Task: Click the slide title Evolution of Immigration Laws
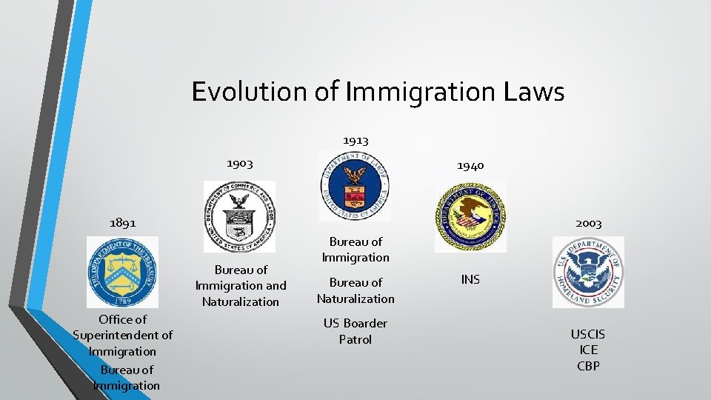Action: click(x=378, y=93)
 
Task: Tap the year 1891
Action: click(x=122, y=222)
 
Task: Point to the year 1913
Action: click(x=355, y=139)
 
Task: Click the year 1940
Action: click(x=470, y=166)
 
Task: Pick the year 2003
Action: click(x=588, y=223)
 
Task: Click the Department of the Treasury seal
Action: click(x=122, y=272)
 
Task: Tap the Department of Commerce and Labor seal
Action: click(x=239, y=216)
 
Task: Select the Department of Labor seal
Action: click(x=355, y=185)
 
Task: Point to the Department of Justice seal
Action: click(x=470, y=216)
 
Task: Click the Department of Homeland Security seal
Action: click(x=588, y=272)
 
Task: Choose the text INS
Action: click(x=470, y=279)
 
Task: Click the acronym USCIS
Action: click(x=587, y=335)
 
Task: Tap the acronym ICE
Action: click(x=587, y=350)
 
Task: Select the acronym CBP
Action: click(x=587, y=366)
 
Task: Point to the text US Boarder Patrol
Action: click(x=355, y=331)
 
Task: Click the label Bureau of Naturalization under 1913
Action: click(x=355, y=290)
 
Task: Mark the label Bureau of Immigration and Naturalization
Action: click(x=241, y=285)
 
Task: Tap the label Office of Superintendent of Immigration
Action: click(x=122, y=335)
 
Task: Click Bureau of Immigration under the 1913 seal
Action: click(x=355, y=249)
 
